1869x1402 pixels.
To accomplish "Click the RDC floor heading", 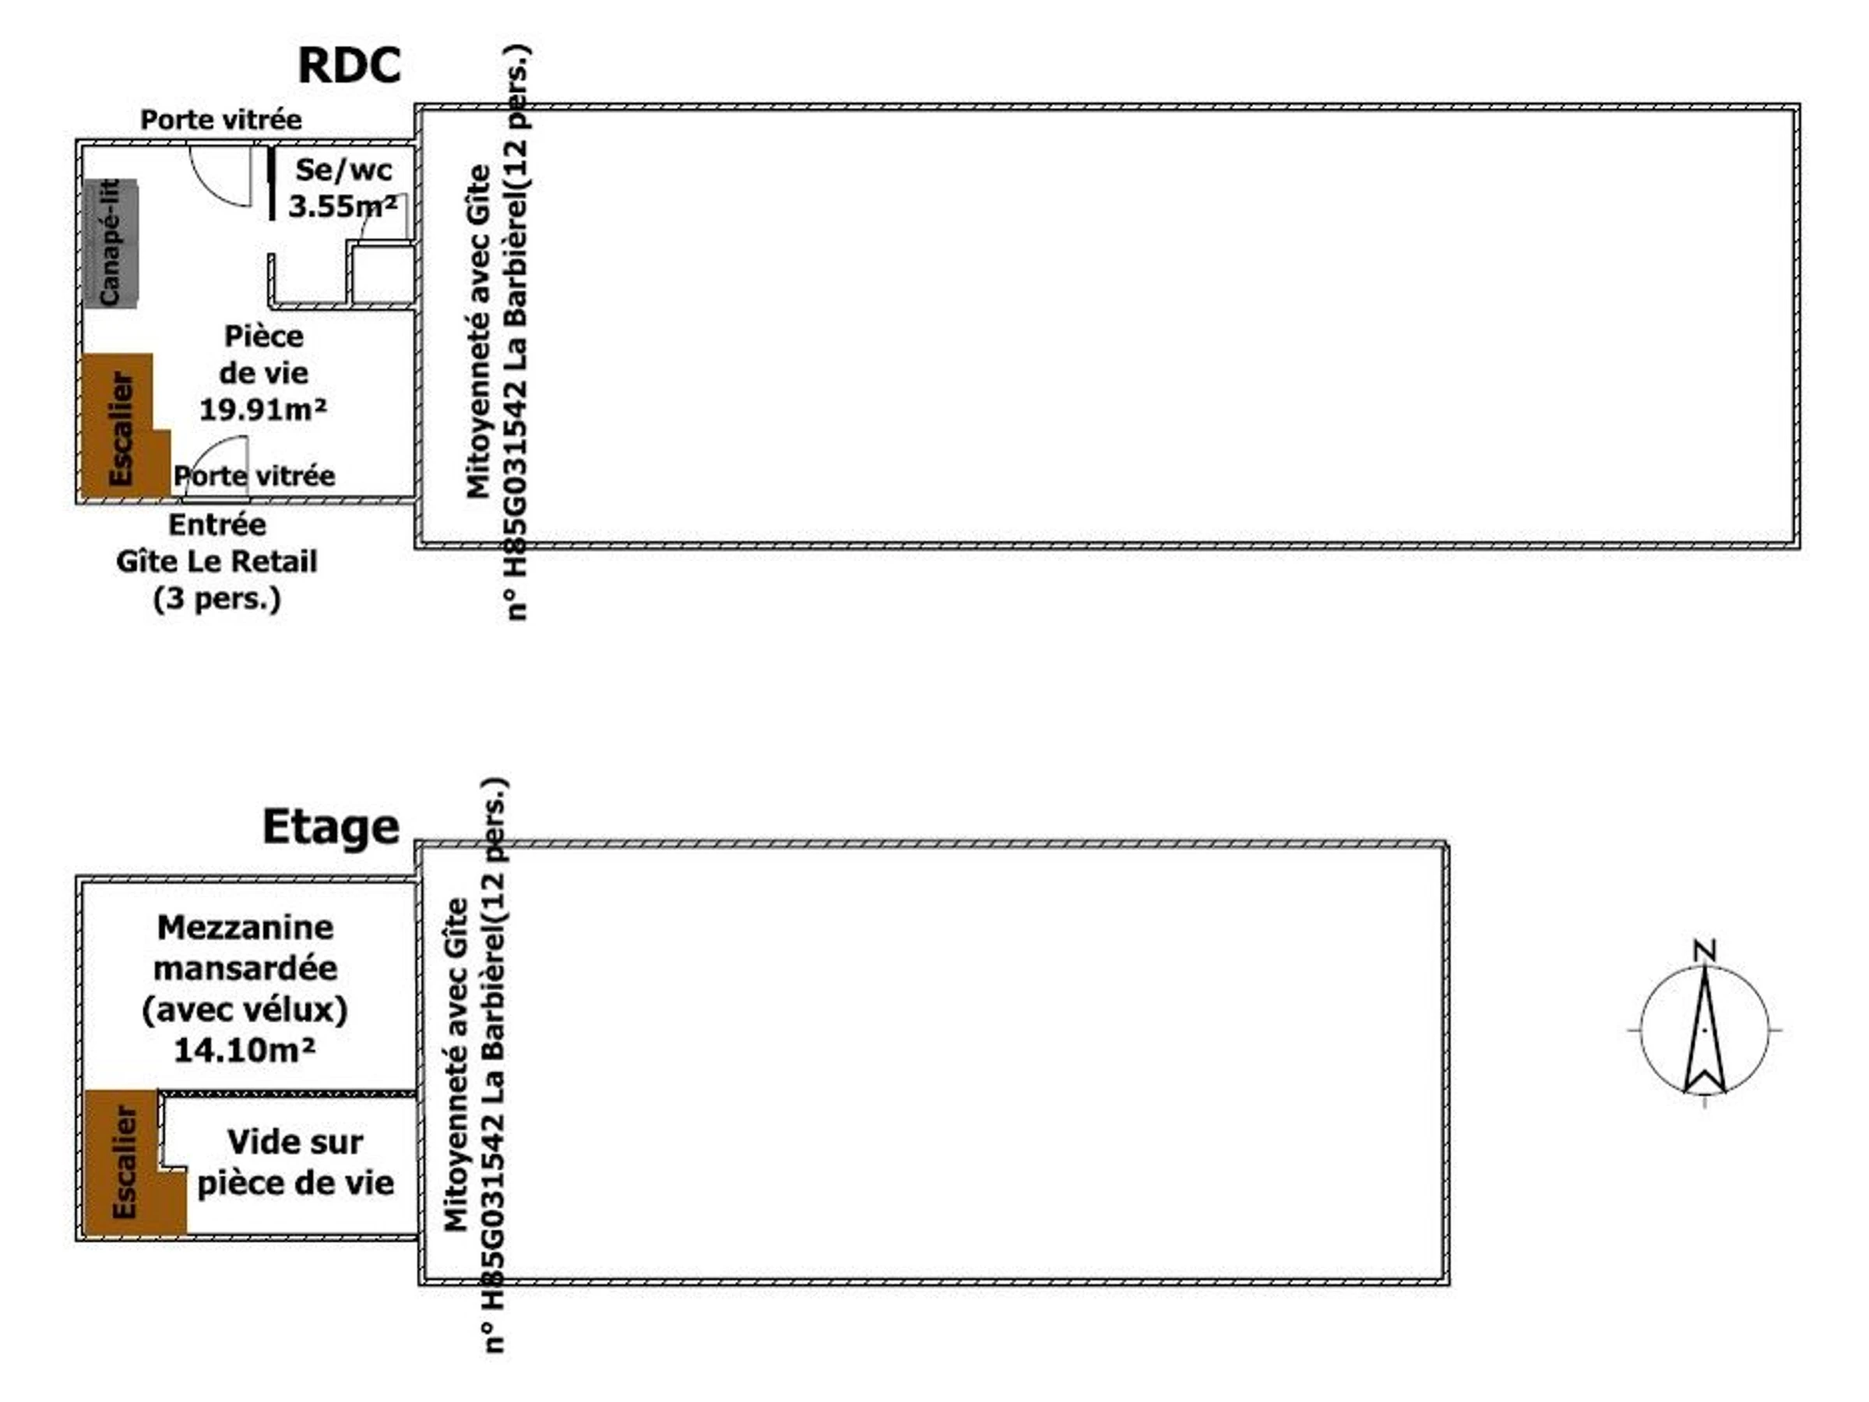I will coord(349,66).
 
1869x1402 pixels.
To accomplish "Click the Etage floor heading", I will coord(330,826).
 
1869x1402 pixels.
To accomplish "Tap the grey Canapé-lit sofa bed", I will coord(111,243).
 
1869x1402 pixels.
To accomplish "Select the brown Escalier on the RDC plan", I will coord(121,427).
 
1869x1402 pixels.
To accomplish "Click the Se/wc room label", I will coord(344,170).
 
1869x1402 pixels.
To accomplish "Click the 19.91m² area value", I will coord(262,410).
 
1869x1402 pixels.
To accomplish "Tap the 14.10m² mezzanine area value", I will coord(245,1051).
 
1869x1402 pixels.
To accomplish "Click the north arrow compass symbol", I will coord(1704,1030).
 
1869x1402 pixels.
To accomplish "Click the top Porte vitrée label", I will coord(220,120).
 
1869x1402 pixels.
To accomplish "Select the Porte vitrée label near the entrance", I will coord(255,477).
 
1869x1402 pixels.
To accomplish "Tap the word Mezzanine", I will coord(245,928).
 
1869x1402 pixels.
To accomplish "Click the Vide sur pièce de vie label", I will coord(296,1162).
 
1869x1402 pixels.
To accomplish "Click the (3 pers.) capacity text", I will coord(217,598).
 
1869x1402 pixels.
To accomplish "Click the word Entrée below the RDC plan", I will coord(217,525).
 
